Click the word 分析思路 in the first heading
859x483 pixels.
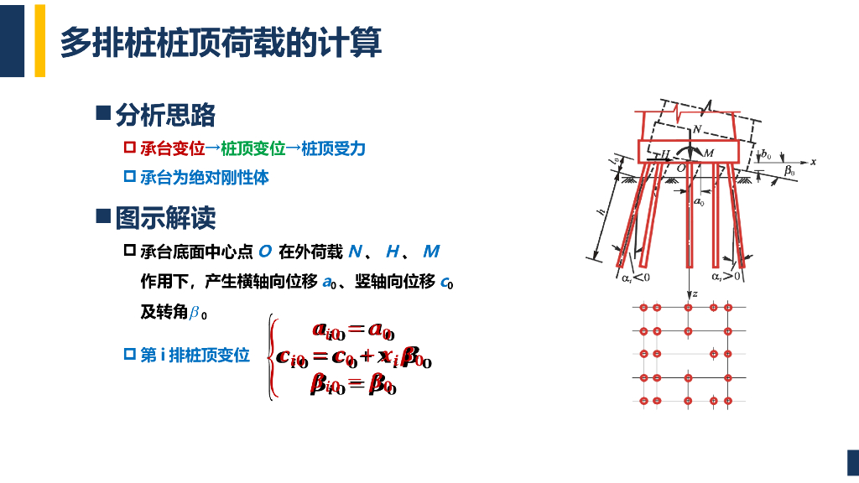[165, 114]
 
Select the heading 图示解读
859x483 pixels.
[165, 218]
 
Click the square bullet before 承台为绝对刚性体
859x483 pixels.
[129, 177]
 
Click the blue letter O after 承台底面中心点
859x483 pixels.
[265, 252]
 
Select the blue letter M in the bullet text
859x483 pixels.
[431, 252]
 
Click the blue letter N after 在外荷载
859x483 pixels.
[355, 252]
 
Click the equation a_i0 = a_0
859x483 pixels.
[353, 330]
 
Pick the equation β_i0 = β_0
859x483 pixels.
[353, 384]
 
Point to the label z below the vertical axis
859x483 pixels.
[695, 293]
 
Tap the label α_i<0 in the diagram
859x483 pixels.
[635, 276]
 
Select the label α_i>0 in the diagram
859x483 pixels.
[726, 276]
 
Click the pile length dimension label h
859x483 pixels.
[601, 214]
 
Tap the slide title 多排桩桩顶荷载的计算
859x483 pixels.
[221, 42]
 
